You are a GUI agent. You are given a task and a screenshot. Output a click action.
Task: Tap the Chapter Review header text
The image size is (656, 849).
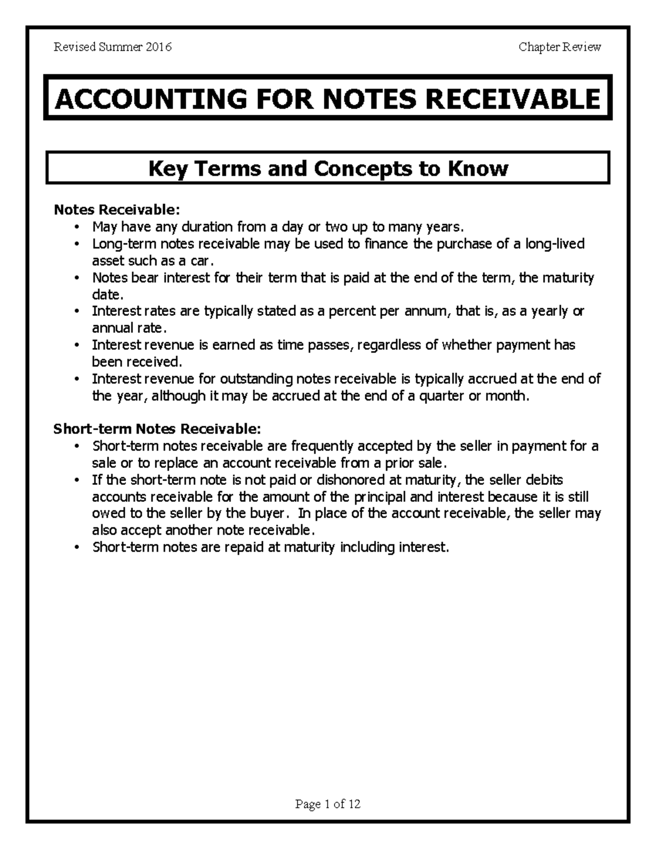[560, 47]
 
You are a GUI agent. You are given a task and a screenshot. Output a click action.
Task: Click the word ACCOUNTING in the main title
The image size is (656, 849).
[150, 99]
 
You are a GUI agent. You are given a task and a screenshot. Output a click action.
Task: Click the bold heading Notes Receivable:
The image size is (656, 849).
[116, 210]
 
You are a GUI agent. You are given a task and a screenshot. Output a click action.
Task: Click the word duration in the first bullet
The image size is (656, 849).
[207, 227]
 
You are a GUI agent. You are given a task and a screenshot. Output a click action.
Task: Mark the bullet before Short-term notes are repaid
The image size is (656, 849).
[79, 548]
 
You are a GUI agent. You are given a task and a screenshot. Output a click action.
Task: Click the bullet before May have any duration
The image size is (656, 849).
[79, 227]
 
